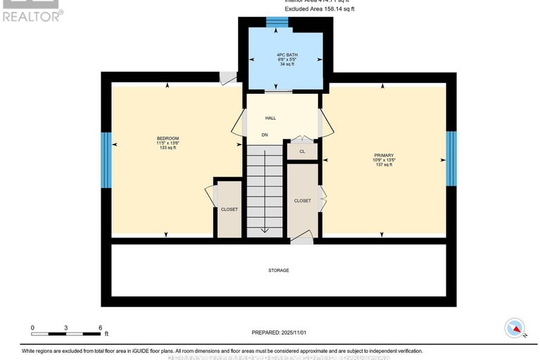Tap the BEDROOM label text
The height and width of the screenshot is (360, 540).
click(168, 138)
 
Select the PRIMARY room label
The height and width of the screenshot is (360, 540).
click(384, 155)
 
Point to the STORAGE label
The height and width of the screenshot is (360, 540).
click(278, 271)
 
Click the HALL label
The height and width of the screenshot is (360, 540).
click(270, 118)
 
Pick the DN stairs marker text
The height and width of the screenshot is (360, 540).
click(265, 135)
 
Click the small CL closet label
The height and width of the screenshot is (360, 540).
click(302, 151)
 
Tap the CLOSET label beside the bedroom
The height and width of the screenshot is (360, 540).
click(229, 209)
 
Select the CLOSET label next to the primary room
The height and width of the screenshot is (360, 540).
click(302, 201)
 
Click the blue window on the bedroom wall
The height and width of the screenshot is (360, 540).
click(106, 161)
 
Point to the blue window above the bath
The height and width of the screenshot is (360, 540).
click(277, 21)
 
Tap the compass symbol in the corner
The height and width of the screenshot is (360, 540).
click(514, 328)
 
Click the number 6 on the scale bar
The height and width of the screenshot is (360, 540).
click(100, 328)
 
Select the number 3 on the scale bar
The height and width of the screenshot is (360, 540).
click(66, 328)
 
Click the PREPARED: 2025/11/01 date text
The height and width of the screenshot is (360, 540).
click(280, 333)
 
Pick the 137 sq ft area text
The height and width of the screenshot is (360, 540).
click(384, 165)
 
